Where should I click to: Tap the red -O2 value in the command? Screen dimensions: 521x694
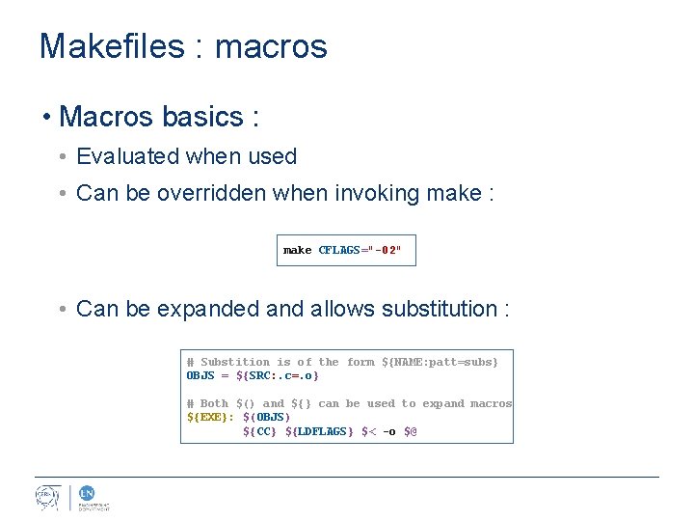[388, 250]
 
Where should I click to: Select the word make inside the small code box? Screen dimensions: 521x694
[297, 250]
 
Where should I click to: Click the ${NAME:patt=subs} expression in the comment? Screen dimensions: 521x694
[440, 362]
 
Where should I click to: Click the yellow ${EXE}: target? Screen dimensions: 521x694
[210, 417]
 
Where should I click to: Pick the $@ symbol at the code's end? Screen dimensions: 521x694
[410, 430]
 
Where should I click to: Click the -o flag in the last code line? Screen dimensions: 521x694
[388, 430]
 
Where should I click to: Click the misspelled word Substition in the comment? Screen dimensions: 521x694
[235, 362]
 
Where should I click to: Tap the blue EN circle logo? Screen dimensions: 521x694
[86, 492]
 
